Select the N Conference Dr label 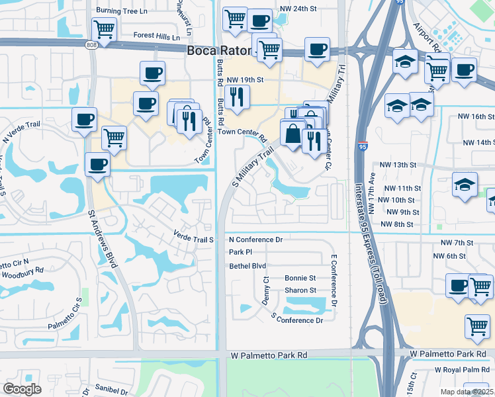point(255,240)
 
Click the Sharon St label point(300,290)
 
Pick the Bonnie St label point(300,279)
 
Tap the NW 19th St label point(246,80)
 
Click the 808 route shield point(91,44)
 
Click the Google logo point(22,389)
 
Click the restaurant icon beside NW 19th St point(236,98)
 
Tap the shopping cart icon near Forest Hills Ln point(105,29)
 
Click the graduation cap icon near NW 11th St point(465,185)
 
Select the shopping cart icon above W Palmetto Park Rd point(476,326)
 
